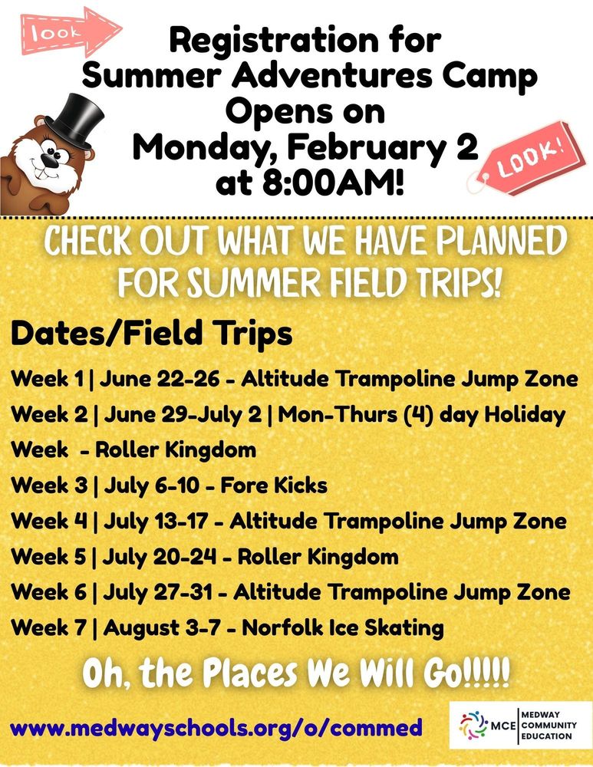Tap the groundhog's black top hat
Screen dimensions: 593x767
click(78, 120)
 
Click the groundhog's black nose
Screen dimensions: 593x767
click(49, 160)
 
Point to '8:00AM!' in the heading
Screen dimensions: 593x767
click(333, 183)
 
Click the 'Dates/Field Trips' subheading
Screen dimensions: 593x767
click(152, 334)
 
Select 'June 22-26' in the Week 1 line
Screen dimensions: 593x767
click(160, 379)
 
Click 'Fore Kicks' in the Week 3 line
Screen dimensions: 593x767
click(274, 486)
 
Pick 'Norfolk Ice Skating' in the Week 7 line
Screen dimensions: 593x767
click(343, 628)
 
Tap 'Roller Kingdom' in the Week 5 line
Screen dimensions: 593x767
click(318, 557)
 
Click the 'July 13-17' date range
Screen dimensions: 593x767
click(156, 522)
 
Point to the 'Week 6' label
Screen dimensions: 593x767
click(49, 592)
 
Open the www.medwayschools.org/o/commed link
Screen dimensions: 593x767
click(216, 727)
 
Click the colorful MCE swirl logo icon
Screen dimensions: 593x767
click(473, 725)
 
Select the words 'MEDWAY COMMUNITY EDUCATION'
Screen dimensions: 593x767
click(549, 725)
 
